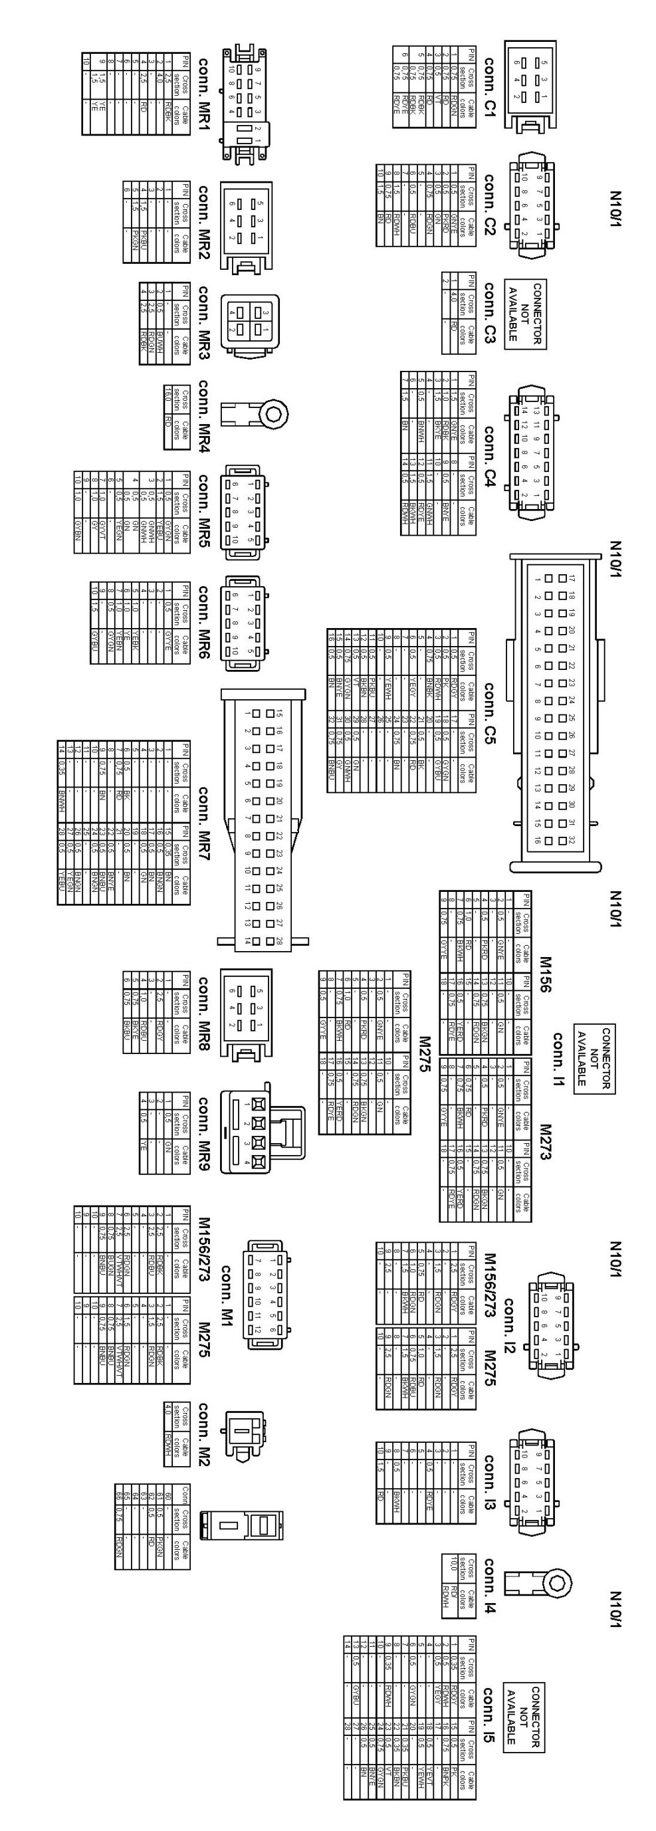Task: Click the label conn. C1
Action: point(490,84)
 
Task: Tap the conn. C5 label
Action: point(490,713)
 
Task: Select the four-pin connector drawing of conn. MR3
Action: point(249,322)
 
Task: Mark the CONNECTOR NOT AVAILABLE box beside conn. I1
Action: point(594,1058)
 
